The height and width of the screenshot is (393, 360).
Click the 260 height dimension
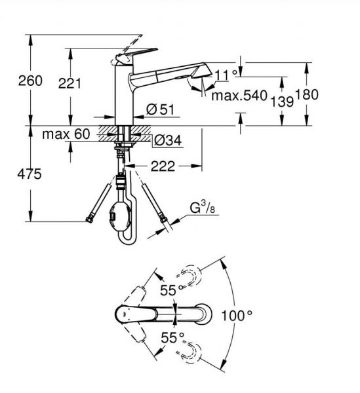click(30, 81)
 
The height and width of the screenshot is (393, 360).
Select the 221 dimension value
click(70, 83)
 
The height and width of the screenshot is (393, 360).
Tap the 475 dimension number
click(30, 174)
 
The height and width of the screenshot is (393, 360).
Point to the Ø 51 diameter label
click(160, 109)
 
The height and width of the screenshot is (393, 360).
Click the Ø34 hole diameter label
click(168, 140)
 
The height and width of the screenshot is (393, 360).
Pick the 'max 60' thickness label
click(66, 134)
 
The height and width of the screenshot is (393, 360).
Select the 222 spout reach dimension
click(163, 166)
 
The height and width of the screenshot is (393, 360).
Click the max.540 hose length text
click(239, 96)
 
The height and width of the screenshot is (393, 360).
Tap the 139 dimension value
click(282, 102)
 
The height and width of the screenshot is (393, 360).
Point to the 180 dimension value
click(307, 94)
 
